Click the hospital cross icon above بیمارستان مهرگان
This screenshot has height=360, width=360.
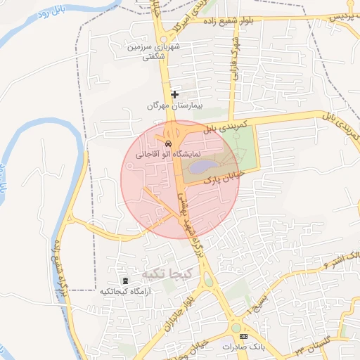point(174,94)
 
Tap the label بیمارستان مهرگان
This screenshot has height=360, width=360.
point(174,105)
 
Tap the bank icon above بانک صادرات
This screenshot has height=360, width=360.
point(244,337)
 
